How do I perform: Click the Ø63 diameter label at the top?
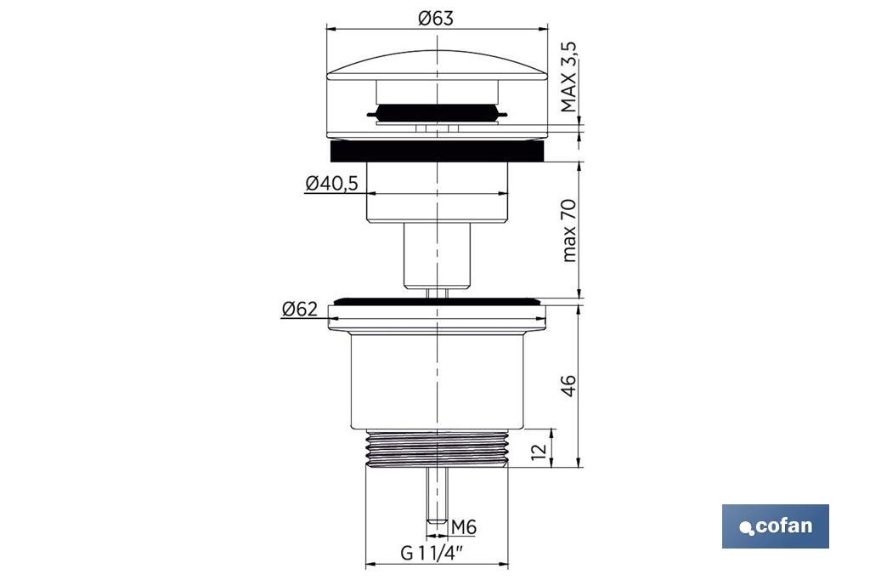click(436, 19)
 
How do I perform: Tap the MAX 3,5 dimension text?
click(568, 77)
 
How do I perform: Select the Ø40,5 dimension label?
click(332, 183)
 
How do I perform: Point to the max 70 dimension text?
click(569, 230)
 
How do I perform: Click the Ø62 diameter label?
click(300, 309)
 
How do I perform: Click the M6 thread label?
click(464, 526)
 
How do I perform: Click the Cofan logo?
click(775, 526)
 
